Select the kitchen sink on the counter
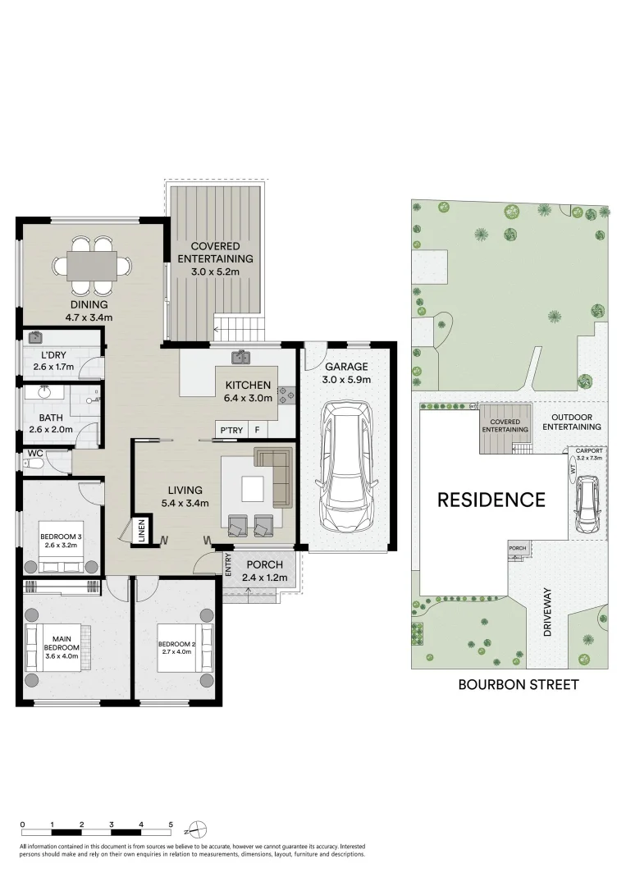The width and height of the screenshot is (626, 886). [240, 357]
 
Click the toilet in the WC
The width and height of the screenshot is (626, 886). [31, 464]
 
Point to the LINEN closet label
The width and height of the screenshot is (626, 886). [141, 529]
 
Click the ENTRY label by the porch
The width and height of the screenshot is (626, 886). [228, 565]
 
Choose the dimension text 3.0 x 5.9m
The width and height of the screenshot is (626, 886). [346, 380]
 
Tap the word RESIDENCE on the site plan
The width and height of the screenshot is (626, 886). [491, 499]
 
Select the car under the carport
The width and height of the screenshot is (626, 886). [587, 505]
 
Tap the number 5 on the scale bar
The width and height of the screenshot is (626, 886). [171, 824]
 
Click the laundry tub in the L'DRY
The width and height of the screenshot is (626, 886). [35, 337]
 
